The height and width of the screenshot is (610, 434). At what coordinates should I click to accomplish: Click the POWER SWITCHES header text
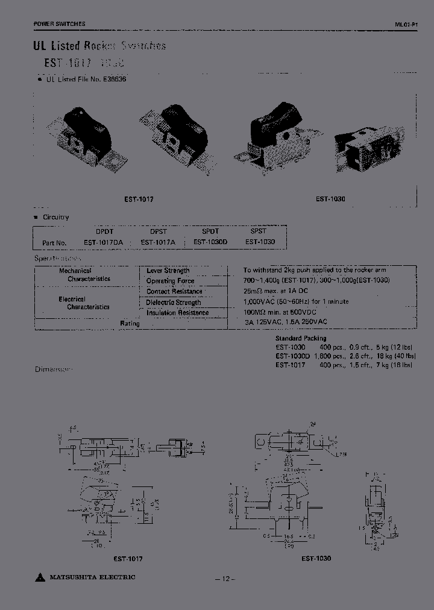59,24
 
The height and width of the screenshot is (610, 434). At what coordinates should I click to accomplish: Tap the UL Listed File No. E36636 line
86,79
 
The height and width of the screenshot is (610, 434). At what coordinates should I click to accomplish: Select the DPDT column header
105,231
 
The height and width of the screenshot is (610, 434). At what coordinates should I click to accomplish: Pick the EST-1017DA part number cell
103,242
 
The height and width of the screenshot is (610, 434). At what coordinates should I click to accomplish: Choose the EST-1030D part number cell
210,242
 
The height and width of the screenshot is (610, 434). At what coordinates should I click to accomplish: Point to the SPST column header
258,231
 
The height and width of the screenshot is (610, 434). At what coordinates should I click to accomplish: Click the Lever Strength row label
168,271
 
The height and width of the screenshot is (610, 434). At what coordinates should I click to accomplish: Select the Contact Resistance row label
174,292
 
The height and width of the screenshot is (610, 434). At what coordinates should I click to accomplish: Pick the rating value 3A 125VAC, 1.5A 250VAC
286,323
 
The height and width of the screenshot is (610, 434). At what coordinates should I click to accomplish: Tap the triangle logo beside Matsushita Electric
40,579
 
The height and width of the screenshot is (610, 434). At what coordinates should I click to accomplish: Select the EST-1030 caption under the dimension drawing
316,559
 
